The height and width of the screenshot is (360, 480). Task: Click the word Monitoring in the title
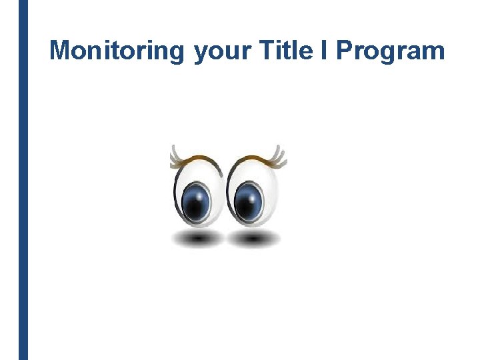tap(117, 51)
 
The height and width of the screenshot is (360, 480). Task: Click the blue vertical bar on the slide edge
tap(23, 180)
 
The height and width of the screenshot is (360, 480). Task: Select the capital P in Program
tap(345, 51)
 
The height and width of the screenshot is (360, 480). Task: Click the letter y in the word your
tap(201, 53)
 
